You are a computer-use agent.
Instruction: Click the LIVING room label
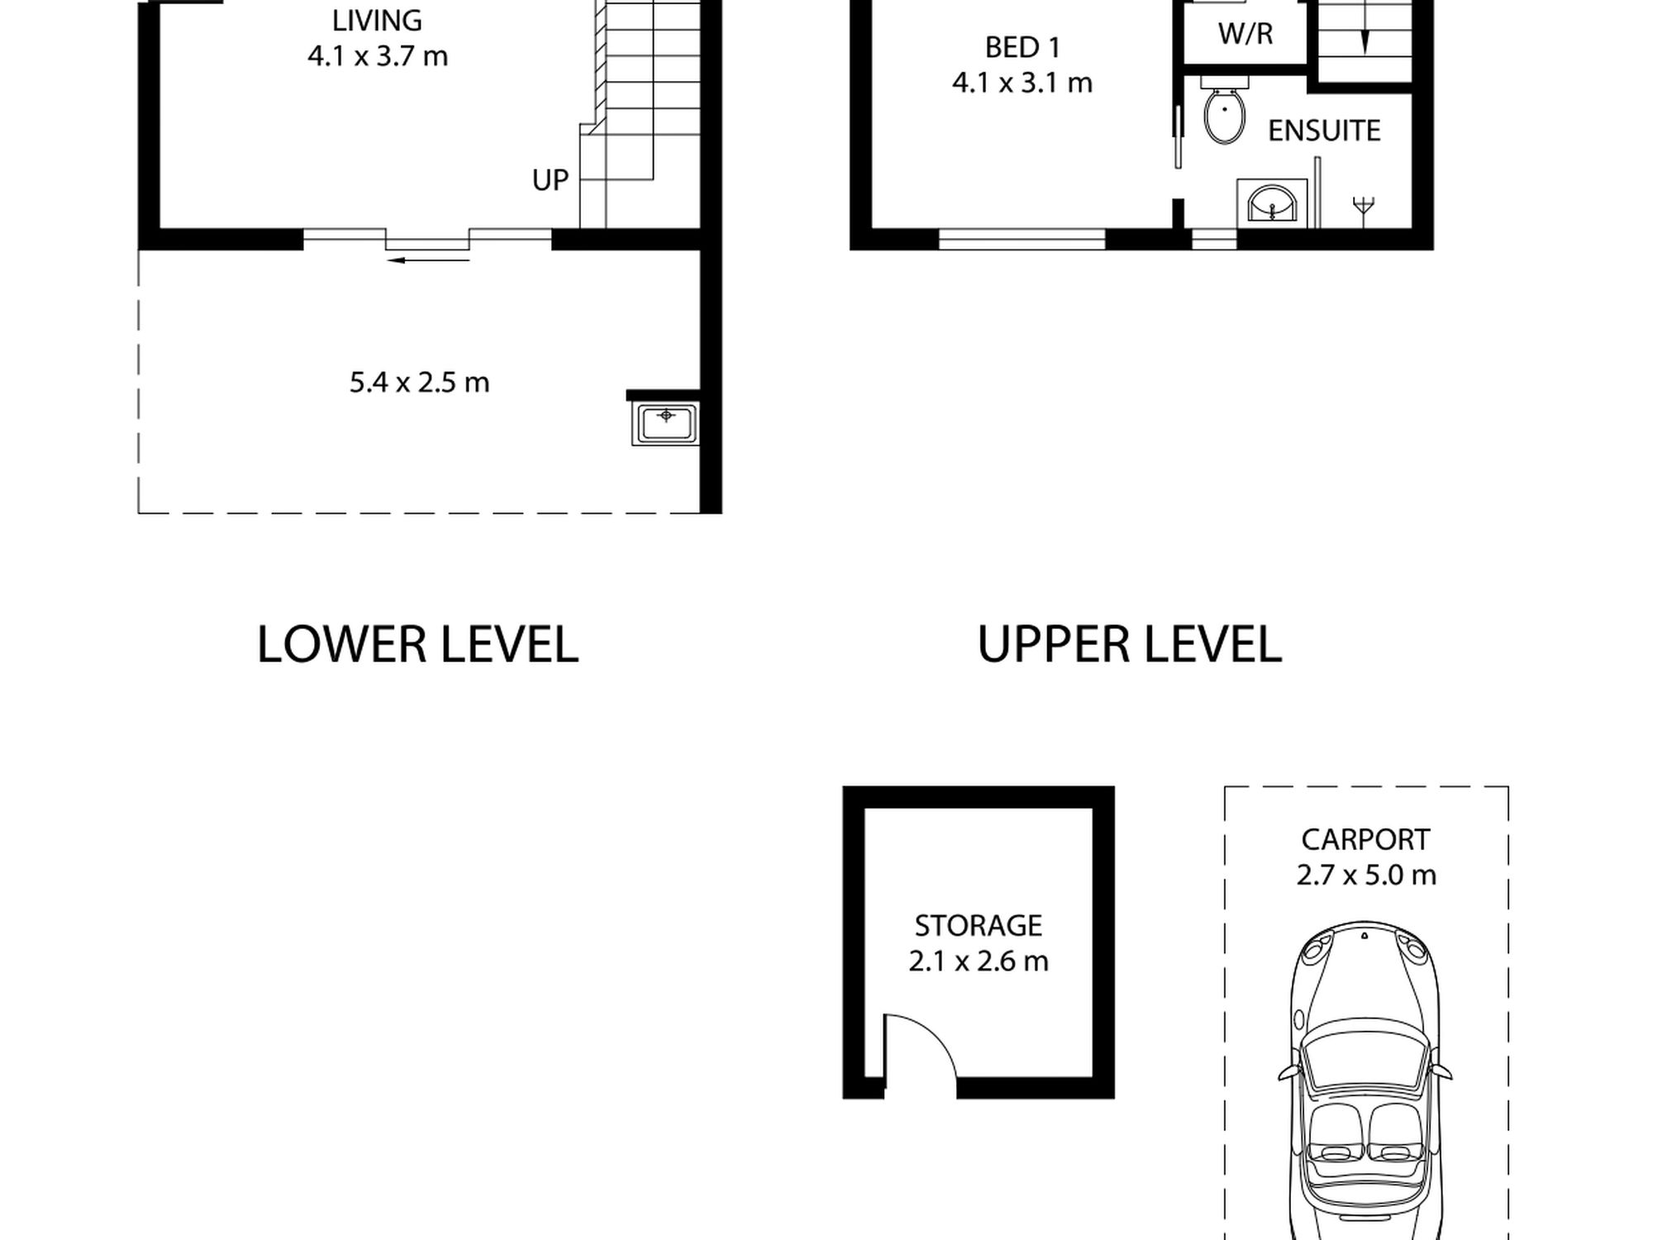[377, 20]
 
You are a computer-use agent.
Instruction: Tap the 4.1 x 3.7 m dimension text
[378, 56]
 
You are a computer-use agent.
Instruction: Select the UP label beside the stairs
[550, 179]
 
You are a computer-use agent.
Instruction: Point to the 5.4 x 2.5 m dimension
[419, 382]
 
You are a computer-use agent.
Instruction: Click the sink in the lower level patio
[665, 423]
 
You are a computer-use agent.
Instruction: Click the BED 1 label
[1022, 48]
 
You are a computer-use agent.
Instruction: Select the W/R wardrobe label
[1246, 34]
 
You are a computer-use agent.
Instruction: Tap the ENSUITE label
[1324, 131]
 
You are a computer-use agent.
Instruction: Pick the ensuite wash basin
[1272, 202]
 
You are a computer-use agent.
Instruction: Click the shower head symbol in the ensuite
[1364, 208]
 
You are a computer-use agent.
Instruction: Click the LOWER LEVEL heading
[417, 645]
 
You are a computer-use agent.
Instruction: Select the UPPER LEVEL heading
[1129, 645]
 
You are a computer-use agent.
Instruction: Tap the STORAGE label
[978, 926]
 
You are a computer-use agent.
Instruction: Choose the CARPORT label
[1365, 840]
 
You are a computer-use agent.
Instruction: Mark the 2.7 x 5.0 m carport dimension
[1365, 875]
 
